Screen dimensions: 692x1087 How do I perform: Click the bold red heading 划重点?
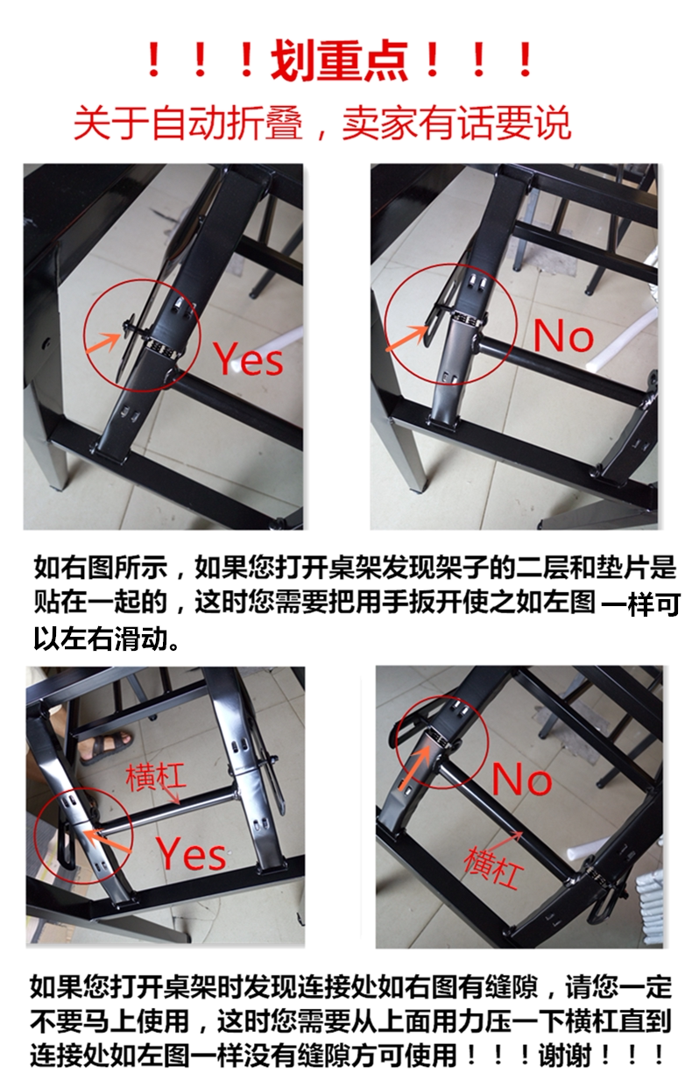(x=339, y=60)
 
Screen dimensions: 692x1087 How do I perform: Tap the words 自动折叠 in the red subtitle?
(x=227, y=124)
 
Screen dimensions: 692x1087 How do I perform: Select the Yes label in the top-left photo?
(x=249, y=359)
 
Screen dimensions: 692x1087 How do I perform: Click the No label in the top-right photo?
(x=563, y=336)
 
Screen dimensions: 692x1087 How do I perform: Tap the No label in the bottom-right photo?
(x=522, y=779)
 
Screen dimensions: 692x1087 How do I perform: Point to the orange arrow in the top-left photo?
(x=102, y=342)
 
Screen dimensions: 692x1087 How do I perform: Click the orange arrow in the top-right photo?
(x=406, y=337)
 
